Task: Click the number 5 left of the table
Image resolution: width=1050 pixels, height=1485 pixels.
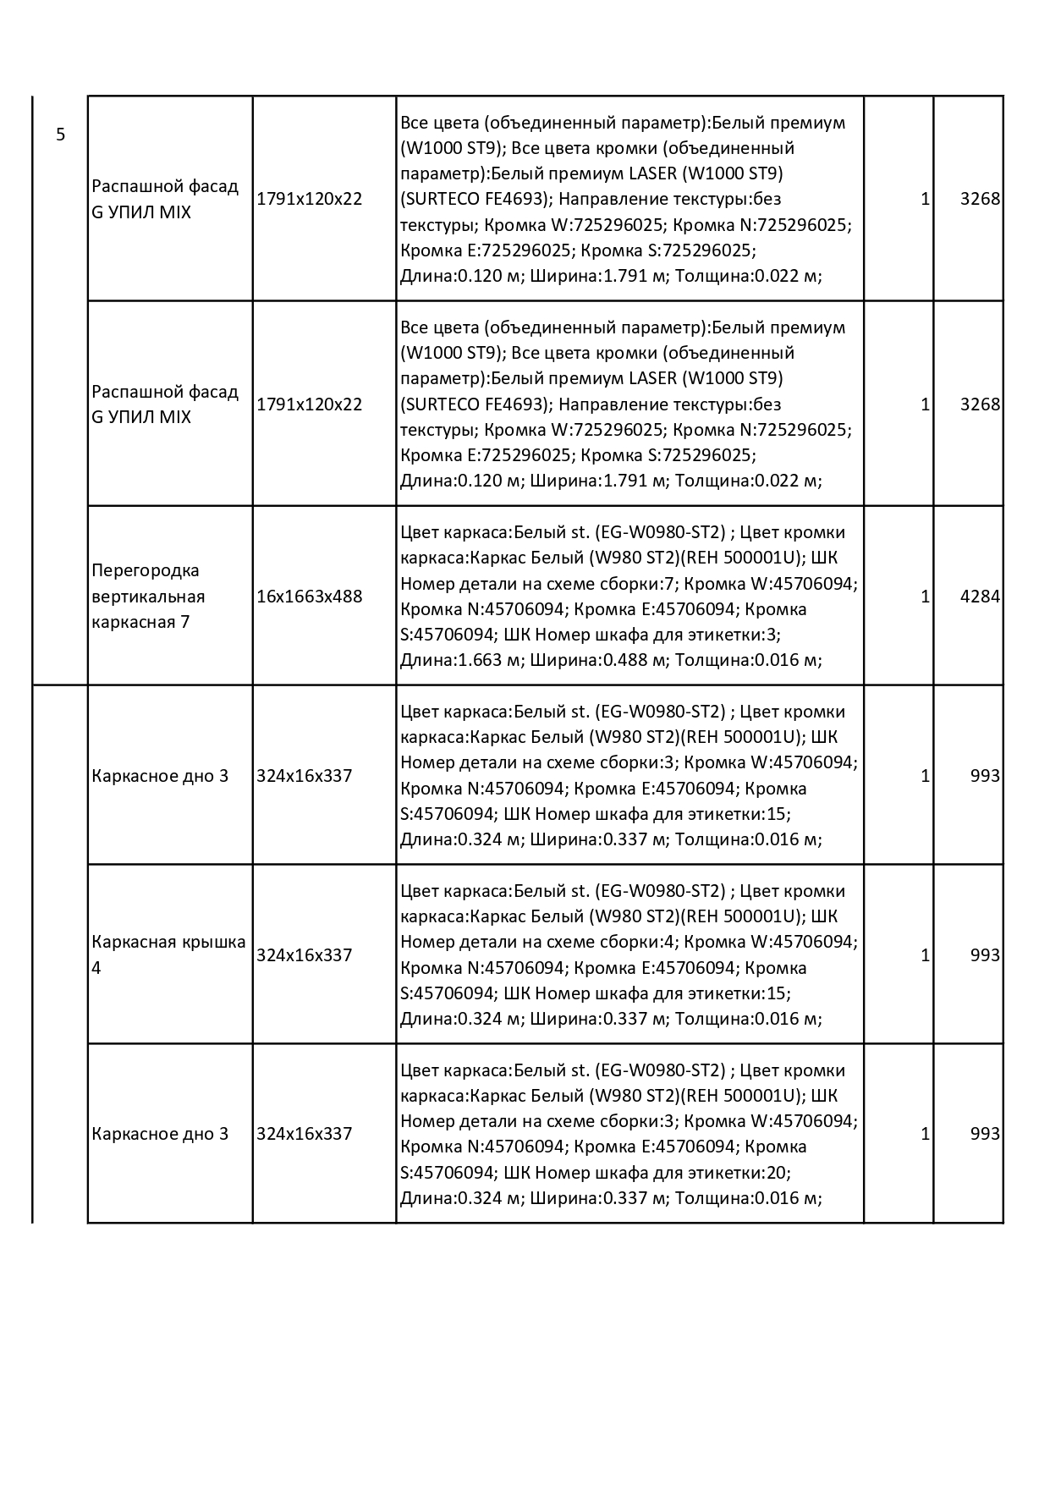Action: pyautogui.click(x=60, y=135)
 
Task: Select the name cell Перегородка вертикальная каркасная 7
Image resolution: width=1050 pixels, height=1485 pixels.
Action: pyautogui.click(x=148, y=596)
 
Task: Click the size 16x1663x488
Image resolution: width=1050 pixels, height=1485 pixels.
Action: pyautogui.click(x=309, y=596)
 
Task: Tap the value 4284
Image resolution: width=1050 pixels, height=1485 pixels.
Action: pyautogui.click(x=980, y=596)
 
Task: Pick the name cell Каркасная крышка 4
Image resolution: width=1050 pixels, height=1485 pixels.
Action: pyautogui.click(x=168, y=954)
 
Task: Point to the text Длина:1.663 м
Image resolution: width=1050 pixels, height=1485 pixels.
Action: pyautogui.click(x=462, y=660)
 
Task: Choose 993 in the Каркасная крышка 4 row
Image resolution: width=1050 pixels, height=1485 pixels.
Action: pyautogui.click(x=985, y=954)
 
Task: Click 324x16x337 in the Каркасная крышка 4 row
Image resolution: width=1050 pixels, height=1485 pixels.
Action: pyautogui.click(x=304, y=954)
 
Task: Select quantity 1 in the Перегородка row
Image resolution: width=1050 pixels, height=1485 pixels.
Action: pyautogui.click(x=925, y=596)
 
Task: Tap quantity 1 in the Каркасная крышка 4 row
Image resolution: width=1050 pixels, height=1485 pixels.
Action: pyautogui.click(x=925, y=954)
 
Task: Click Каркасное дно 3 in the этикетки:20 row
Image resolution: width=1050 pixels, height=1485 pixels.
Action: pyautogui.click(x=160, y=1134)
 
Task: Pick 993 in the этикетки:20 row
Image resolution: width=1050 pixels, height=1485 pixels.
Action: pyautogui.click(x=985, y=1134)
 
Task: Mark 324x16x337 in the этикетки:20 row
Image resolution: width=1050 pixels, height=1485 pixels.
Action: pyautogui.click(x=304, y=1134)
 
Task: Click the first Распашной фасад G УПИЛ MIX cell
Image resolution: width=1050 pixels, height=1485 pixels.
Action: pyautogui.click(x=165, y=199)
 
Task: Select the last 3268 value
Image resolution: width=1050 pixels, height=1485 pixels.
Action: pyautogui.click(x=980, y=404)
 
